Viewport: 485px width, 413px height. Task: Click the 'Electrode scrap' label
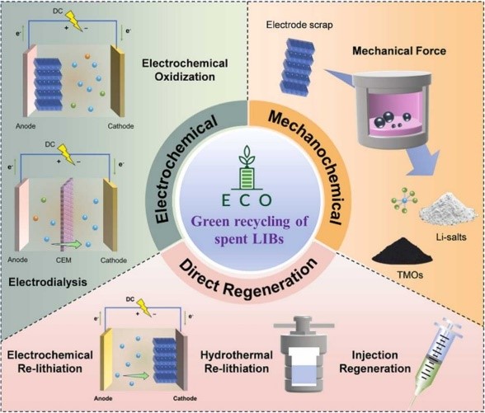[299, 25]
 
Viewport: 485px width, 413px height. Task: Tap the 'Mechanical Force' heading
[399, 51]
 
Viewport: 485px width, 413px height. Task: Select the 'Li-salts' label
[451, 237]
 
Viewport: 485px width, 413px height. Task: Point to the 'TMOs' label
[410, 275]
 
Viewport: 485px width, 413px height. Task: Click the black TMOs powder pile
[402, 255]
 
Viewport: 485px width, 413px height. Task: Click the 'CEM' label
[64, 260]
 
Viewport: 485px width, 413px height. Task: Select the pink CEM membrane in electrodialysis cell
[67, 214]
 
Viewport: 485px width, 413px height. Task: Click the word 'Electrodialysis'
[48, 282]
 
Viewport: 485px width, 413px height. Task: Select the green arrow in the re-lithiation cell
[136, 376]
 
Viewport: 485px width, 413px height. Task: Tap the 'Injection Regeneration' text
[374, 362]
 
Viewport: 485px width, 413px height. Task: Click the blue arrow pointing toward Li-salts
[423, 162]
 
